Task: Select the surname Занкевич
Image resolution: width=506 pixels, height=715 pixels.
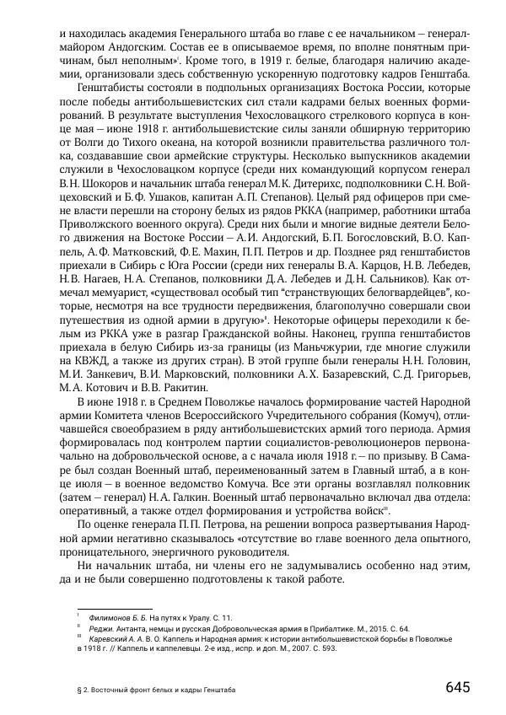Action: pyautogui.click(x=116, y=377)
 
